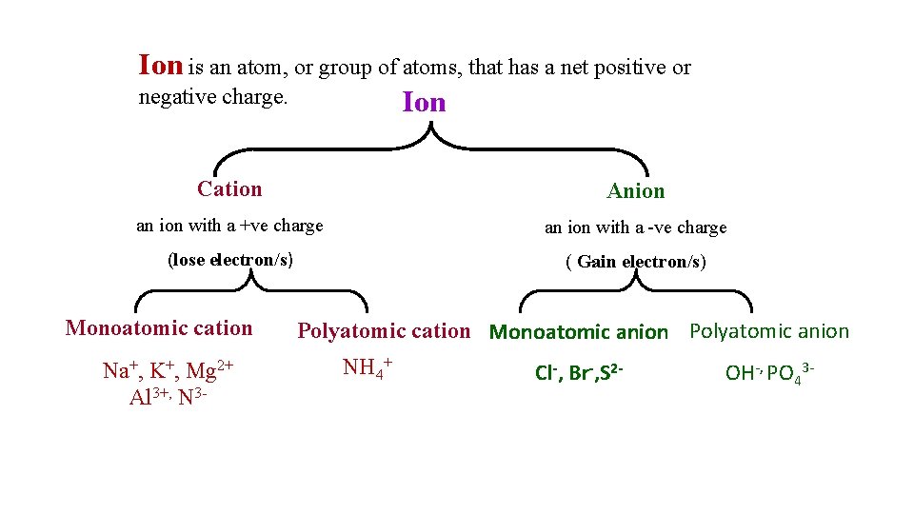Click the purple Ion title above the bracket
(424, 102)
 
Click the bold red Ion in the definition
(160, 66)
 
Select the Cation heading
(229, 188)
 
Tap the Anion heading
(636, 191)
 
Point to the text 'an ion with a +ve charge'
(229, 226)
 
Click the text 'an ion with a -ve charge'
(635, 227)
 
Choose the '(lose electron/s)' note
(230, 260)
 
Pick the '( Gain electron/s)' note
(636, 262)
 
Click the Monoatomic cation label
(159, 328)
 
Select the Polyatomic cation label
(384, 331)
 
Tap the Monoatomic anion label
(578, 332)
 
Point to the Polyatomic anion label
(768, 331)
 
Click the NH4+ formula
(368, 367)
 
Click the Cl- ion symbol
(546, 372)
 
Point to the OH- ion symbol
(741, 372)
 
